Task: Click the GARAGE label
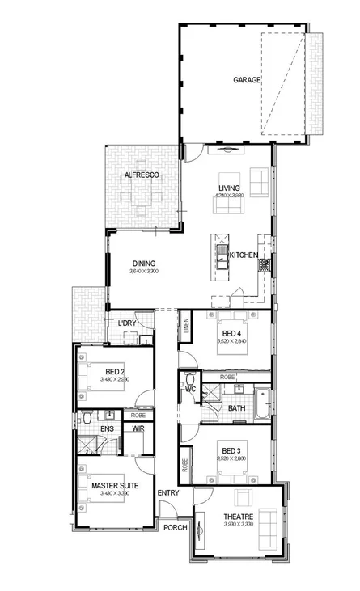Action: [247, 80]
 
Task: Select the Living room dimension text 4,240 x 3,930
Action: [229, 196]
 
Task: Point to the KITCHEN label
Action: [244, 256]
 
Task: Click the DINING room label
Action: [143, 263]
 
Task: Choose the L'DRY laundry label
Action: [127, 323]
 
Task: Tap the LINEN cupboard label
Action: [186, 327]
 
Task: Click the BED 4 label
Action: [232, 333]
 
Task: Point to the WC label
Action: [191, 390]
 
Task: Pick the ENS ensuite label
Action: [107, 429]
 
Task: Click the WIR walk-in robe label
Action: [138, 429]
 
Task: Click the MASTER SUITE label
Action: [114, 485]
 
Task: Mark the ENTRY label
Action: [169, 492]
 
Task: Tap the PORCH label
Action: [176, 527]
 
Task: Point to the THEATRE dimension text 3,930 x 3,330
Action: [239, 525]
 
